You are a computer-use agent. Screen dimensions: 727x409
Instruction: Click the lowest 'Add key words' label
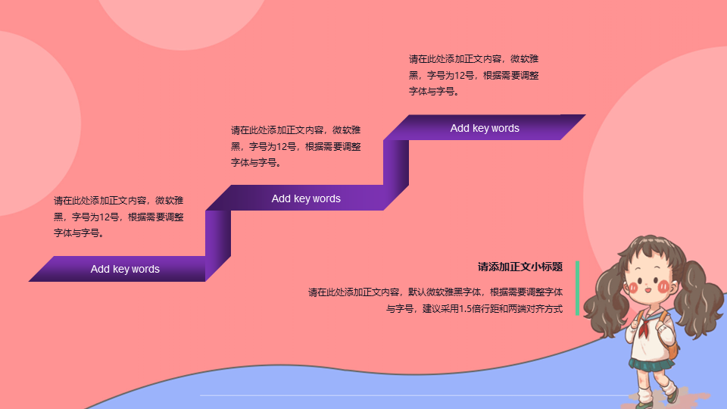coord(125,269)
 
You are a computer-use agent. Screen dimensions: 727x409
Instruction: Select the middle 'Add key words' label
coord(306,198)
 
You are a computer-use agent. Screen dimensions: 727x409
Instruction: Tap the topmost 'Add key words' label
coord(485,128)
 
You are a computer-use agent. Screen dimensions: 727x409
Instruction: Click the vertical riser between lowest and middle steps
coord(218,245)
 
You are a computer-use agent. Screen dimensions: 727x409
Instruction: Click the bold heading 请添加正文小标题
coord(520,267)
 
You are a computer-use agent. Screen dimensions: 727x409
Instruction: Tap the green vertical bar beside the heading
coord(577,288)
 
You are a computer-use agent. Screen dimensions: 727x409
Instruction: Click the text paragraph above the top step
coord(473,75)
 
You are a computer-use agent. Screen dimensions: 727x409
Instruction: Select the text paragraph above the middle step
coord(296,146)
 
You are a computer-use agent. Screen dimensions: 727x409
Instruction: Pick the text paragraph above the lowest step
coord(119,217)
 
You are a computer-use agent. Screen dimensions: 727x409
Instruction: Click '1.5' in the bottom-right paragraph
coord(466,308)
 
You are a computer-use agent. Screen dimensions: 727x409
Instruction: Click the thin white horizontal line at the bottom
coord(415,395)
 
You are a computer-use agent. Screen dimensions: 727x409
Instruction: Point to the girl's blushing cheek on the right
coord(664,286)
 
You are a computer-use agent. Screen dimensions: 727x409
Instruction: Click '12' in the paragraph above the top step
coord(460,75)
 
